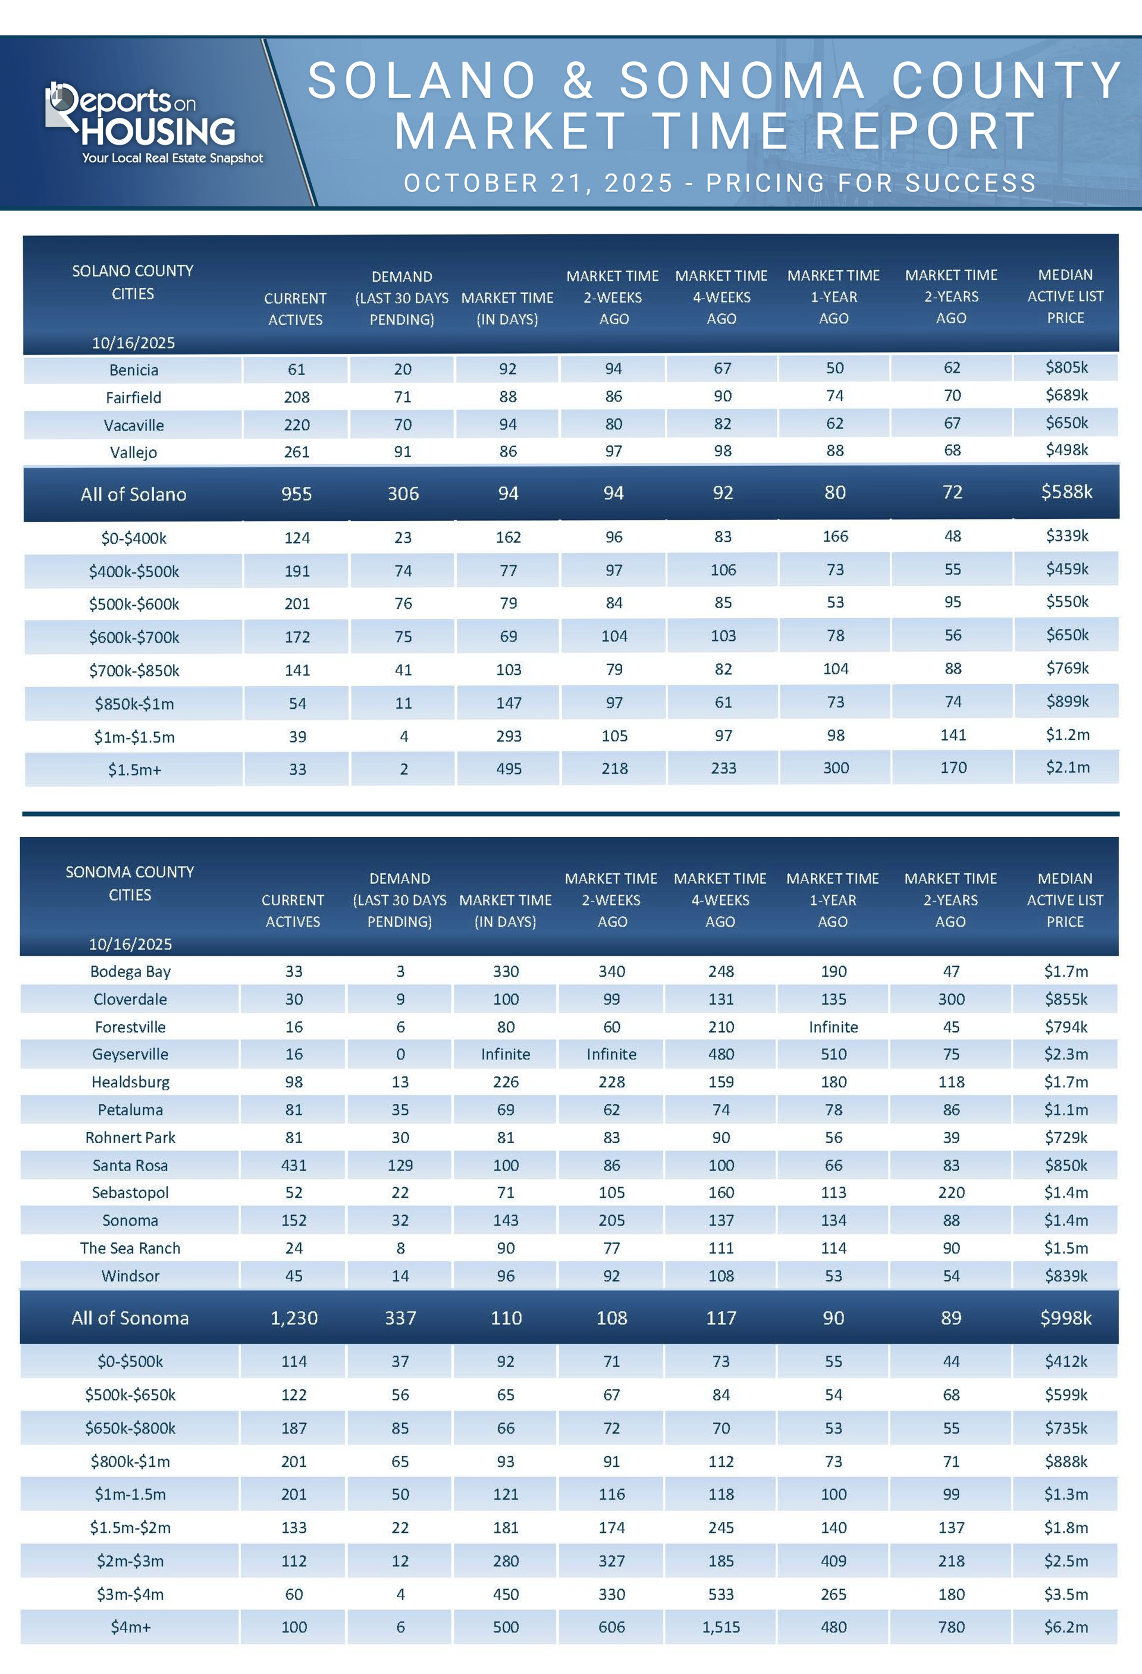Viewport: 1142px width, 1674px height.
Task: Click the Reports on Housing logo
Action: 154,123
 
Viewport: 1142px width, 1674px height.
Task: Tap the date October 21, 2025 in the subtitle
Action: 538,183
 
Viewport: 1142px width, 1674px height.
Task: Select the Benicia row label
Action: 133,370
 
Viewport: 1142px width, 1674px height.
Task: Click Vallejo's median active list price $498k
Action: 1066,450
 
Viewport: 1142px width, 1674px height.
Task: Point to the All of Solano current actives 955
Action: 296,494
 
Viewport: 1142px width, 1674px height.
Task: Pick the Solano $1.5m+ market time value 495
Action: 508,769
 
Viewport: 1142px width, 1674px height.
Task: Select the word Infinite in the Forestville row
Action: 833,1027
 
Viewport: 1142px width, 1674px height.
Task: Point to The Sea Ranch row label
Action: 130,1248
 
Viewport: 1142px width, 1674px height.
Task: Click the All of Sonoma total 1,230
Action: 293,1318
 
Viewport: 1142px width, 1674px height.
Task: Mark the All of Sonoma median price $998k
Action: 1066,1318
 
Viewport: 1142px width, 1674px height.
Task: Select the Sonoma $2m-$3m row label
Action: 130,1561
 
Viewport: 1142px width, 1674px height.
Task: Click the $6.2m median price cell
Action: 1066,1627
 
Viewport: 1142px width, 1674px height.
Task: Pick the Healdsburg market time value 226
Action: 505,1082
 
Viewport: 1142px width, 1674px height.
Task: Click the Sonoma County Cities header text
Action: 130,883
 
